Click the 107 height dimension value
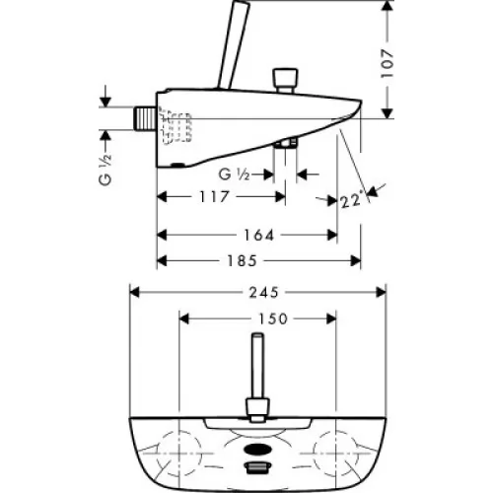click(x=387, y=63)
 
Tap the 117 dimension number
click(x=214, y=197)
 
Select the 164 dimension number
click(x=258, y=236)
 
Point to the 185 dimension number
click(x=242, y=261)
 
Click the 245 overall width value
click(x=264, y=292)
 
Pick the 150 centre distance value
click(x=273, y=318)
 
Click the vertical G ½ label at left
click(x=106, y=170)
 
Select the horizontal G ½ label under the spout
click(x=234, y=175)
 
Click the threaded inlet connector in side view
click(x=145, y=118)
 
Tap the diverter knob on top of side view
click(x=286, y=81)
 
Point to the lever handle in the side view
click(x=234, y=45)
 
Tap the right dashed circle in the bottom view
click(x=335, y=454)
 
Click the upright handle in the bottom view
click(x=258, y=378)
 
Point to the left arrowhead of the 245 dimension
click(x=135, y=292)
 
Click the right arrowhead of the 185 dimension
click(x=356, y=261)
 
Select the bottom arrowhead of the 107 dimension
click(x=388, y=113)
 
